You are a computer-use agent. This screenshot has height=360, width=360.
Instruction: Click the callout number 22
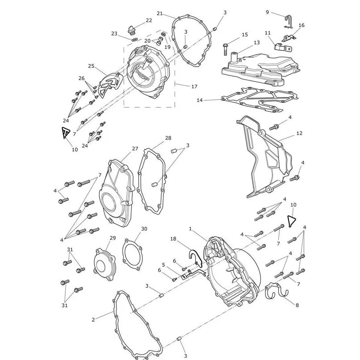(149, 20)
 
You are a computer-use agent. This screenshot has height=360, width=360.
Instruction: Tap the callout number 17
(194, 86)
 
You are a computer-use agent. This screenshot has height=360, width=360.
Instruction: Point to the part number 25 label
(91, 66)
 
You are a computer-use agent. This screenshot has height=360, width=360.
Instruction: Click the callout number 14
(200, 100)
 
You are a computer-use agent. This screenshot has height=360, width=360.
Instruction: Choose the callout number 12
(299, 133)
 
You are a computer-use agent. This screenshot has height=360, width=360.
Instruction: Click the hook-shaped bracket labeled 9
(288, 22)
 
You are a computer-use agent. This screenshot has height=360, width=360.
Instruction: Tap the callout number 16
(301, 25)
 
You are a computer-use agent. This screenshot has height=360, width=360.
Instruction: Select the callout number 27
(135, 149)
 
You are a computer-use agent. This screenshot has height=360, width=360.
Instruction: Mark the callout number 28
(168, 138)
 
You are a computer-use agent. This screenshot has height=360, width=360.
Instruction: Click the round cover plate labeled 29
(105, 265)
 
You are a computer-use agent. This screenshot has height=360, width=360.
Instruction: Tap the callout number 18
(173, 239)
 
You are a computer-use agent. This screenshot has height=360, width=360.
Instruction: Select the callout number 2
(93, 319)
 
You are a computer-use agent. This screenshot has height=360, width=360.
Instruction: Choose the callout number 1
(190, 229)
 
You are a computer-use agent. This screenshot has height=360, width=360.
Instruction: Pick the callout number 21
(160, 13)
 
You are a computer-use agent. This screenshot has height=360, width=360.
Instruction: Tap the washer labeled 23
(135, 40)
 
